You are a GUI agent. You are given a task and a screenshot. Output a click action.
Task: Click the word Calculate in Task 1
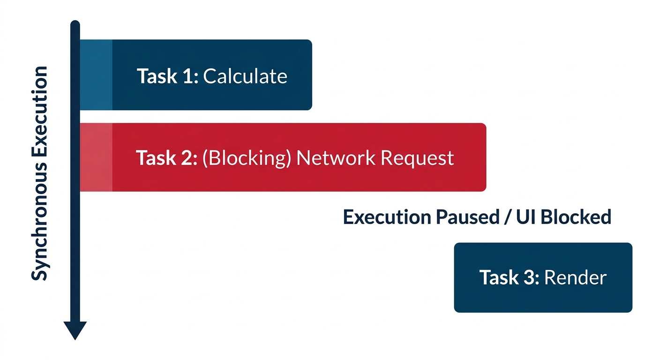click(x=245, y=76)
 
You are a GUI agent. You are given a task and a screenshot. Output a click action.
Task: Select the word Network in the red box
click(x=336, y=158)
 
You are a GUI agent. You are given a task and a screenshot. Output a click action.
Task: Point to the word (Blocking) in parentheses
click(x=247, y=158)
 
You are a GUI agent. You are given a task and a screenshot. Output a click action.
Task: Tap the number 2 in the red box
click(x=187, y=158)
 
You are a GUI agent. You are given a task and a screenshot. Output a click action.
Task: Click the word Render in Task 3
click(x=575, y=277)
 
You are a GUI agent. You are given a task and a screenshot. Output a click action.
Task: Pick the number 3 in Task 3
click(x=530, y=277)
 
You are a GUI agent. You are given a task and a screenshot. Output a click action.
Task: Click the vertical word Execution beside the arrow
click(x=39, y=116)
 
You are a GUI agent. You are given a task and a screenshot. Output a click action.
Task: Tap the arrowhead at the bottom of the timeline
click(x=75, y=330)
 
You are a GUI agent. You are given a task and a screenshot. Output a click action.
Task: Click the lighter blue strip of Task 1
click(x=96, y=75)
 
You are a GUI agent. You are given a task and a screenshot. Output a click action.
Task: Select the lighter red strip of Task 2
click(x=96, y=157)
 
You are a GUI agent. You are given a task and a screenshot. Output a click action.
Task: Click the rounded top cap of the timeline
click(x=75, y=23)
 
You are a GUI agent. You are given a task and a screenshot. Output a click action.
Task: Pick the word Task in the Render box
click(x=499, y=277)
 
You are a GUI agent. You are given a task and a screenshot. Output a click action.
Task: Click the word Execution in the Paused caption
click(x=387, y=217)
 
